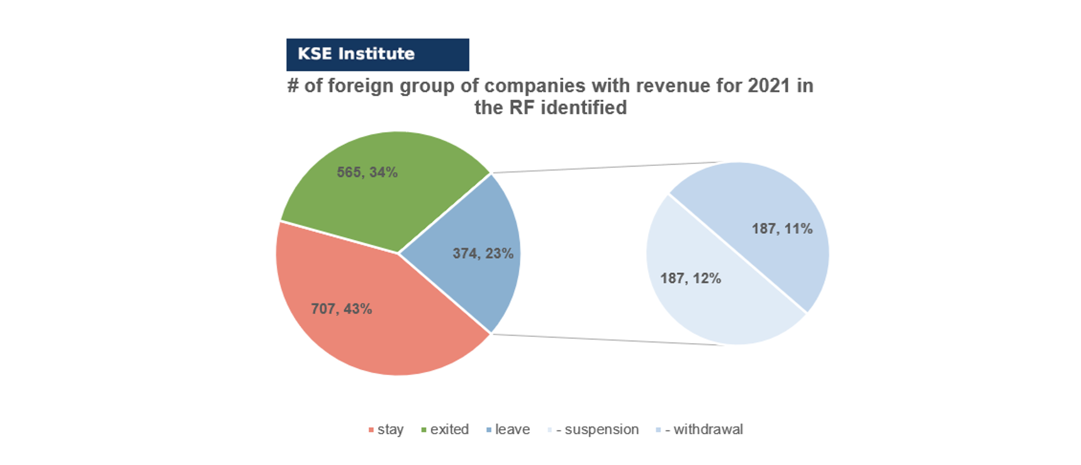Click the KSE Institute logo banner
coord(378,55)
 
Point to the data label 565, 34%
coord(367,172)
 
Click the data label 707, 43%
coord(342,309)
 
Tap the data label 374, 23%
coord(483,253)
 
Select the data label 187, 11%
coord(782,229)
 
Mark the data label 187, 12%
coord(690,278)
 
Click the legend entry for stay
coord(386,429)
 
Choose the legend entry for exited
coord(445,429)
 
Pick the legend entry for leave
coord(508,429)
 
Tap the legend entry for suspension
coord(593,429)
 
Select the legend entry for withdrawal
coord(699,429)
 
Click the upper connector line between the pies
coord(606,167)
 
